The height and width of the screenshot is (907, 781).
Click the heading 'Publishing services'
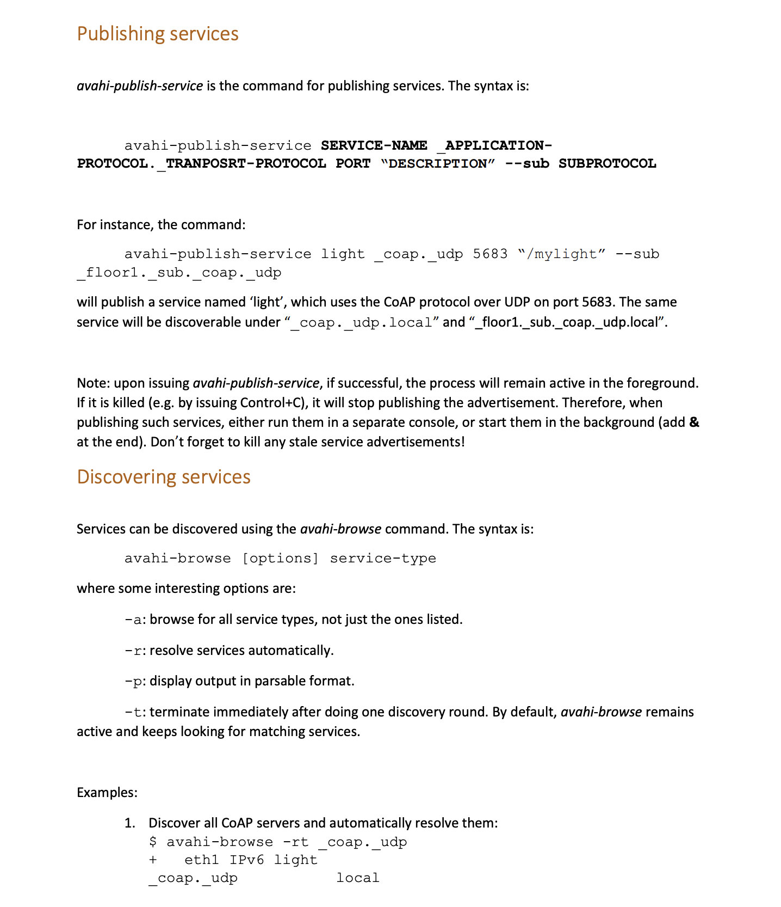click(x=158, y=34)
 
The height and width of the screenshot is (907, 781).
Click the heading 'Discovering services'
click(x=164, y=477)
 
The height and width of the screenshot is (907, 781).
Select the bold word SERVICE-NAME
click(x=374, y=145)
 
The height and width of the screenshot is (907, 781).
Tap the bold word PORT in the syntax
click(x=353, y=163)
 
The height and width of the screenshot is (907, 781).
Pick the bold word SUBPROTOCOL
click(x=607, y=163)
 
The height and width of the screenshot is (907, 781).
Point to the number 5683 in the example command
click(x=490, y=254)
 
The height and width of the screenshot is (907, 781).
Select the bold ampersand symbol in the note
click(x=694, y=422)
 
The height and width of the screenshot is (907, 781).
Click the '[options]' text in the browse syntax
click(x=281, y=558)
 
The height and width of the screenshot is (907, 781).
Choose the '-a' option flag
click(x=133, y=620)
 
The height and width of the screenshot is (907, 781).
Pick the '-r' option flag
click(x=133, y=651)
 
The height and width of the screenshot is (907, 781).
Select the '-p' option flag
click(x=133, y=681)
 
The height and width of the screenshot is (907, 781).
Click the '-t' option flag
click(x=133, y=712)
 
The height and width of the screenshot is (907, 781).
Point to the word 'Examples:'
click(x=107, y=792)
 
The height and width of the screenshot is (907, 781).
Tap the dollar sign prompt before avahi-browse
click(x=153, y=842)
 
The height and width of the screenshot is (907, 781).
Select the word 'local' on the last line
click(x=357, y=878)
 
